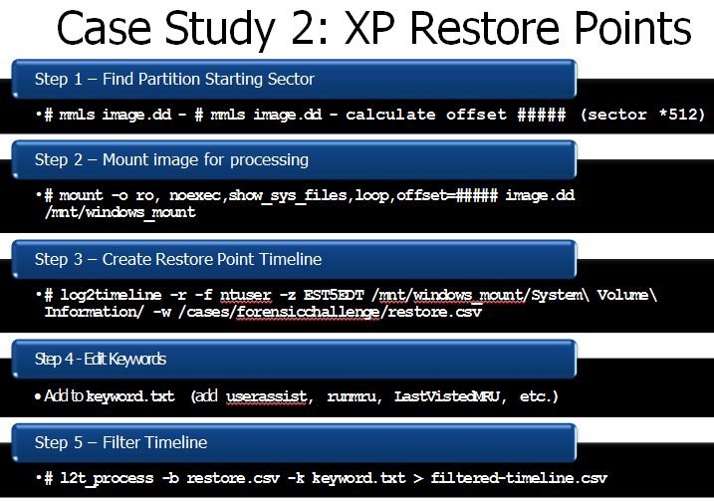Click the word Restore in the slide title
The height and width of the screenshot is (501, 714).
[485, 28]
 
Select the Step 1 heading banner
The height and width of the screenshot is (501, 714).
[294, 79]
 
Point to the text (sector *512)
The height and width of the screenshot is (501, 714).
[642, 114]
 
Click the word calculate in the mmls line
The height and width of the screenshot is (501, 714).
[390, 114]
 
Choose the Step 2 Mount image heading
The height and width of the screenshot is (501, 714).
[171, 160]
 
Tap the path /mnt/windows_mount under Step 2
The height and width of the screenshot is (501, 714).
[120, 212]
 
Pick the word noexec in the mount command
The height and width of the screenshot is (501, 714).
[195, 195]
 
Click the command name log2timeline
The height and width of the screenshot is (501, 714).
[111, 295]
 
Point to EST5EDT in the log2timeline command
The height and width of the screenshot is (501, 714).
[334, 295]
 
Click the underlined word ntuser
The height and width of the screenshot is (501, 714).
[245, 295]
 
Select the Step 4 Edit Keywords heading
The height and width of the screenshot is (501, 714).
[101, 359]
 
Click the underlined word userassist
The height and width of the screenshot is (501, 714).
[267, 396]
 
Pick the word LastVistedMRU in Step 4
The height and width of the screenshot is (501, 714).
[447, 396]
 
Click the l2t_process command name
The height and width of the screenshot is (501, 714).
[107, 478]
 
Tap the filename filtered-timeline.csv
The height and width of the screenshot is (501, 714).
[519, 478]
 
